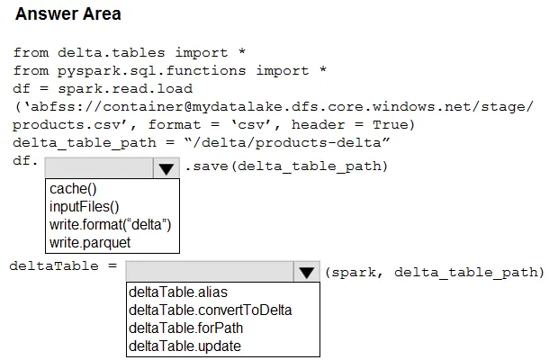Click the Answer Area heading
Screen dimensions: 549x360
[68, 14]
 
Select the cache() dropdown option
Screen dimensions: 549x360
[73, 189]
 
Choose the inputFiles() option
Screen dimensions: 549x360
[85, 207]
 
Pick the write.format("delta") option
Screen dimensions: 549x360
[111, 224]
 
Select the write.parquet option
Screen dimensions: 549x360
[90, 243]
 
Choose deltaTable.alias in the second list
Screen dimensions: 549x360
[178, 292]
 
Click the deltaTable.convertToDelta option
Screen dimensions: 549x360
[210, 310]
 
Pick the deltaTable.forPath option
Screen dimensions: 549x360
[186, 328]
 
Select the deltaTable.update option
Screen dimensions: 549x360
[184, 346]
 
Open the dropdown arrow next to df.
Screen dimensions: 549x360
[166, 168]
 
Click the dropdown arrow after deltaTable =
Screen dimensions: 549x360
[307, 272]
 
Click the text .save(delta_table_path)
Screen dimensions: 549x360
[286, 166]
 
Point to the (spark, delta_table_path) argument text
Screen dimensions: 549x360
[435, 273]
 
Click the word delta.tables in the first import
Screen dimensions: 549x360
[112, 52]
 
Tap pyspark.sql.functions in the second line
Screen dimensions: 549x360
[151, 71]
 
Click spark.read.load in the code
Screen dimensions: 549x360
[125, 88]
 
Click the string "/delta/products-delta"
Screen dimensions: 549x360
[287, 142]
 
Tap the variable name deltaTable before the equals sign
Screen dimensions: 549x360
[54, 265]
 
